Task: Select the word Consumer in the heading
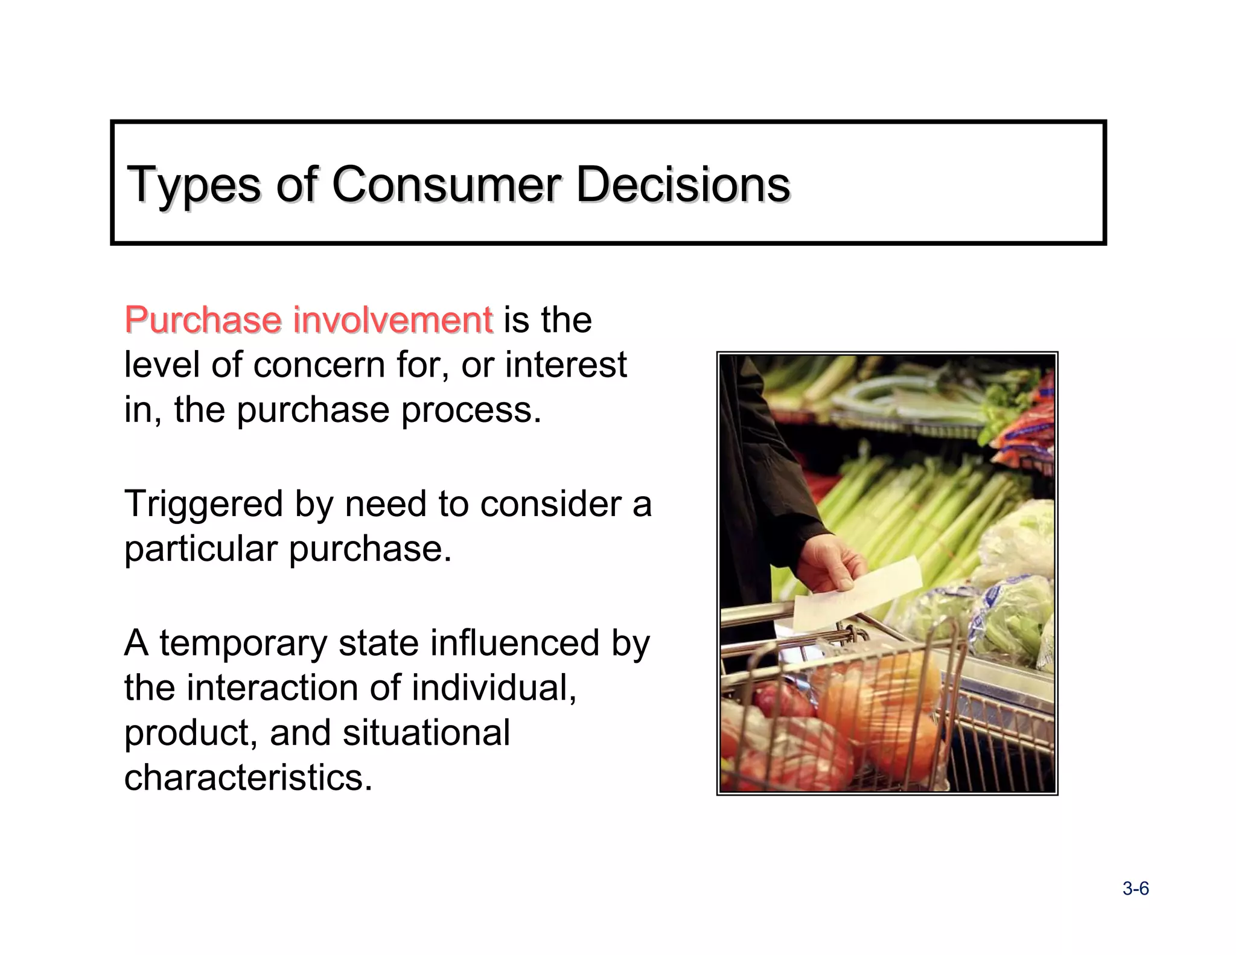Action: pos(446,184)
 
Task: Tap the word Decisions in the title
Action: pos(683,184)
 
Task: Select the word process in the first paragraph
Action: pos(471,410)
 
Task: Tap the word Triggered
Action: pos(203,503)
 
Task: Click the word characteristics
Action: pos(248,778)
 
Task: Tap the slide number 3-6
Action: pos(1135,889)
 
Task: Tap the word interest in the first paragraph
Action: pos(565,365)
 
